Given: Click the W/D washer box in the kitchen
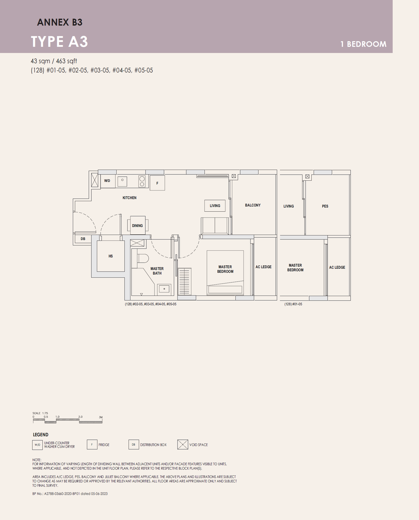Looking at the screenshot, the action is pos(108,181).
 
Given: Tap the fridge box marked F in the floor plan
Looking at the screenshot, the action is pos(157,183).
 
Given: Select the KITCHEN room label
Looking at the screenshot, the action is pos(129,198).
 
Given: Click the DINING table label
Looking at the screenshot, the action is pos(137,226).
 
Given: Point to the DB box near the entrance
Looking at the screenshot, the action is pos(83,239).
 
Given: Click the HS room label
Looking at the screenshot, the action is pos(111,256).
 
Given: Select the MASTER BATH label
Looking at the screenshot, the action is pos(157,271).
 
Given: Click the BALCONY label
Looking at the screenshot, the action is pos(253,205).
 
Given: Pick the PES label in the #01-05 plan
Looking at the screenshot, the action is pos(325,206).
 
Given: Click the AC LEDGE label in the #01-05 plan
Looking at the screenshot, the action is pos(337,267).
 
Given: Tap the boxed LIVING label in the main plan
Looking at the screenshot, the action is pos(215,206).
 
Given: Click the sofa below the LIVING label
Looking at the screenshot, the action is pos(215,226).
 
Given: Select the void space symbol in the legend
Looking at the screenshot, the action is pos(183,444).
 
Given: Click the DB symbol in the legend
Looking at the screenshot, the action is pos(134,444).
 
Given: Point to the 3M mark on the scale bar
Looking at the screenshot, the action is pos(101,417).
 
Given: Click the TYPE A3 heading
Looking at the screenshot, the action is pos(59,42).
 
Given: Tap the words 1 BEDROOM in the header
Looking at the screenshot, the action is pos(363,44).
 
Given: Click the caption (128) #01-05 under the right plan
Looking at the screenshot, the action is pos(293,304).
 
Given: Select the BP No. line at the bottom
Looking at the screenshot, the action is pos(70,494).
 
